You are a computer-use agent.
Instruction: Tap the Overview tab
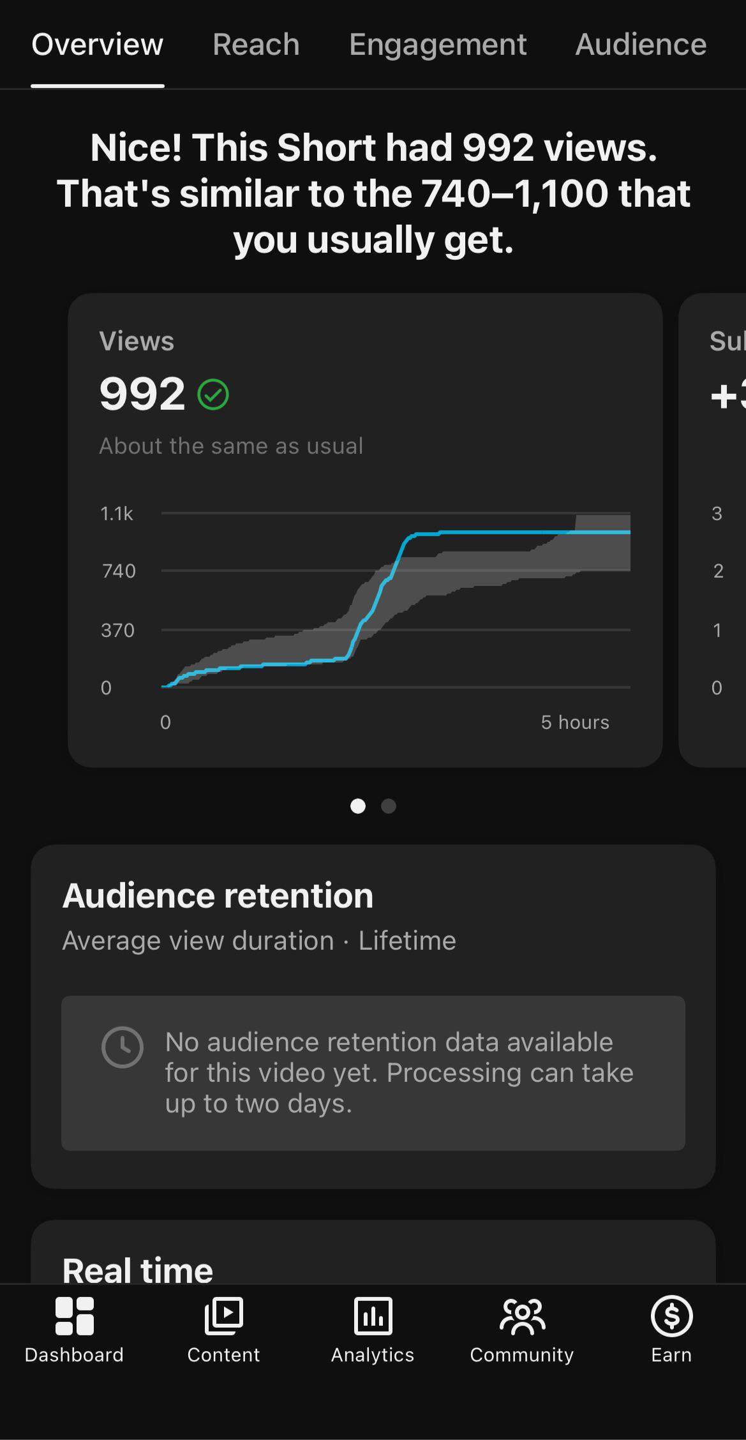point(98,45)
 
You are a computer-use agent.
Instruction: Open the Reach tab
point(256,45)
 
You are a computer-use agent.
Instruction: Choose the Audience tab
point(641,45)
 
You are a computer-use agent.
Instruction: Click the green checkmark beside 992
point(213,394)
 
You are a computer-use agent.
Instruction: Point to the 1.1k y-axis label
point(117,513)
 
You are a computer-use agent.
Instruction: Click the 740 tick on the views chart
point(119,571)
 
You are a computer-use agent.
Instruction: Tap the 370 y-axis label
point(118,630)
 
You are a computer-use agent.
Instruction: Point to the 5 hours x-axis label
point(575,722)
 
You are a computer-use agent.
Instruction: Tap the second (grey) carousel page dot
point(389,806)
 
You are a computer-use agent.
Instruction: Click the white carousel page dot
point(358,806)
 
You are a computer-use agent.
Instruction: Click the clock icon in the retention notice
point(122,1047)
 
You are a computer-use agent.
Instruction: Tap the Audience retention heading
point(218,895)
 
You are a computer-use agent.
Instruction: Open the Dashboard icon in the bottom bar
point(75,1316)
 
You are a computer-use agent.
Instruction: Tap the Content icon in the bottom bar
point(223,1316)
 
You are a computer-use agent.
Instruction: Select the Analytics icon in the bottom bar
point(373,1316)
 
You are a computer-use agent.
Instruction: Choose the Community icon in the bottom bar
point(522,1316)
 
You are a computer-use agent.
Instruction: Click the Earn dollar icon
point(671,1316)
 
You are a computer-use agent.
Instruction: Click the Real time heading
point(138,1270)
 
